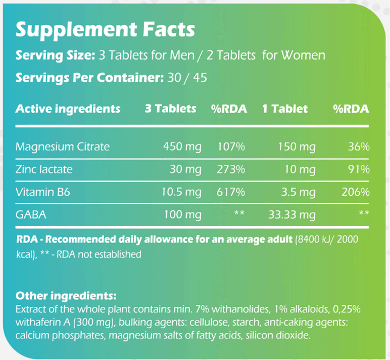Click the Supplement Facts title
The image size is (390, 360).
tap(105, 29)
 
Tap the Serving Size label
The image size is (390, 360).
tap(55, 55)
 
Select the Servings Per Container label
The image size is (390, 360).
tap(88, 78)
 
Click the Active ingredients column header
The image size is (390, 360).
tap(68, 109)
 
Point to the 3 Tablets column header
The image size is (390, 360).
tap(170, 109)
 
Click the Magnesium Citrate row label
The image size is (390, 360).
tap(63, 147)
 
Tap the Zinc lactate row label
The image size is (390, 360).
tap(44, 169)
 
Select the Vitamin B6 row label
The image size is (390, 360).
tap(42, 192)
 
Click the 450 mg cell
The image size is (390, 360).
tap(182, 147)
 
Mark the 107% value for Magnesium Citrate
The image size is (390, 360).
tap(231, 147)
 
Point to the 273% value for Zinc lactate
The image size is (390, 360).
tap(231, 169)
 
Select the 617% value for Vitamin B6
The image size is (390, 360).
tap(231, 192)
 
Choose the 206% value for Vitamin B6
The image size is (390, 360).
tap(356, 192)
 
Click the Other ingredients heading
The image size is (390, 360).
tap(66, 295)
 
